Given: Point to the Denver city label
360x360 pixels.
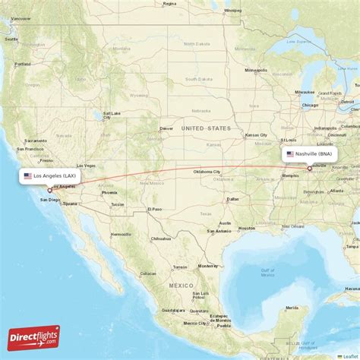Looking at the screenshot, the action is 166,128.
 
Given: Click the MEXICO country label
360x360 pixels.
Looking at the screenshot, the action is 182,285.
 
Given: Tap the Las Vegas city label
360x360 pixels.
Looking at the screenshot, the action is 86,166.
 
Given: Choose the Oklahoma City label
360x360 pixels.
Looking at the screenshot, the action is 206,171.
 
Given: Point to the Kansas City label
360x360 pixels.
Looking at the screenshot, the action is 255,135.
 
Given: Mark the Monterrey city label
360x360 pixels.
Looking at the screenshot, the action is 207,266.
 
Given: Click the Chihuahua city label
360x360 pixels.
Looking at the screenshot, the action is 160,238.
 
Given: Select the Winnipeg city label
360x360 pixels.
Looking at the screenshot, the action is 232,11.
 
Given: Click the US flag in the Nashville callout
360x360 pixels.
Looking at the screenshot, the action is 290,153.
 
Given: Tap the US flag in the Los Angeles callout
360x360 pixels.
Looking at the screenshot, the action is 27,176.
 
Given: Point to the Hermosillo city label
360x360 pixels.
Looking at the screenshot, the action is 120,235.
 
